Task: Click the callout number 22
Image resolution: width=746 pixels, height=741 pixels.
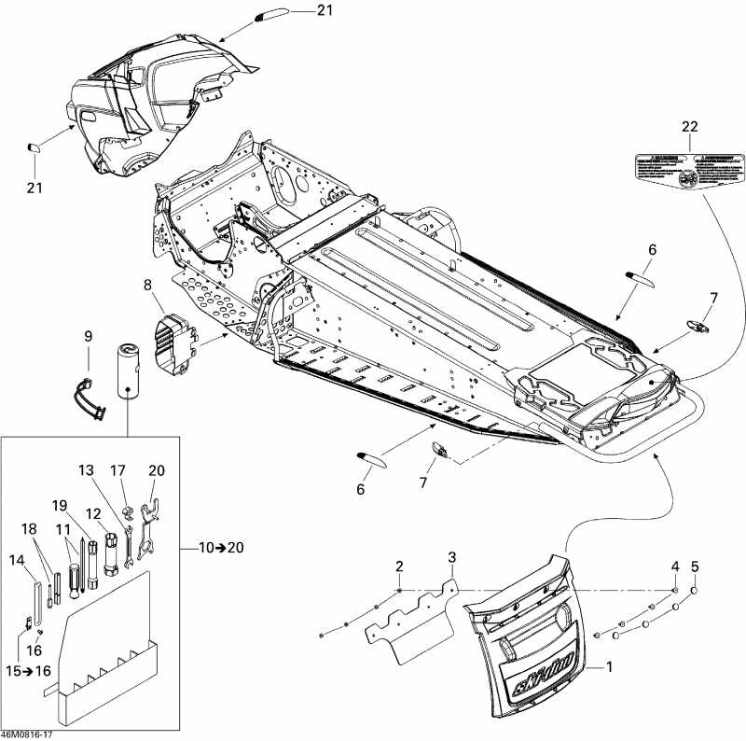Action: click(689, 126)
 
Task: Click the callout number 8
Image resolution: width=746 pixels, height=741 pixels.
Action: click(147, 285)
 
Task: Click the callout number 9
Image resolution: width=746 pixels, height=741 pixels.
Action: click(88, 336)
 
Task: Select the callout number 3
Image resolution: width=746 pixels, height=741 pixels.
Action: click(451, 557)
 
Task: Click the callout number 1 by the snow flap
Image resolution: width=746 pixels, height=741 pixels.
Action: click(610, 667)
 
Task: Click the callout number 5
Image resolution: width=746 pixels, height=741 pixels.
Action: click(695, 566)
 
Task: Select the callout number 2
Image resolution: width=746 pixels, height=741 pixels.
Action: click(399, 566)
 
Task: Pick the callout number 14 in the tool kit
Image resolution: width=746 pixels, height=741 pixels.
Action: click(18, 560)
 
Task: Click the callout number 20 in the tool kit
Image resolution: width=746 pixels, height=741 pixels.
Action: click(156, 470)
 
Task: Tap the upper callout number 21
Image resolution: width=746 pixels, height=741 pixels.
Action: click(297, 10)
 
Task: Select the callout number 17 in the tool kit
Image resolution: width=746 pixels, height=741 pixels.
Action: click(118, 470)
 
